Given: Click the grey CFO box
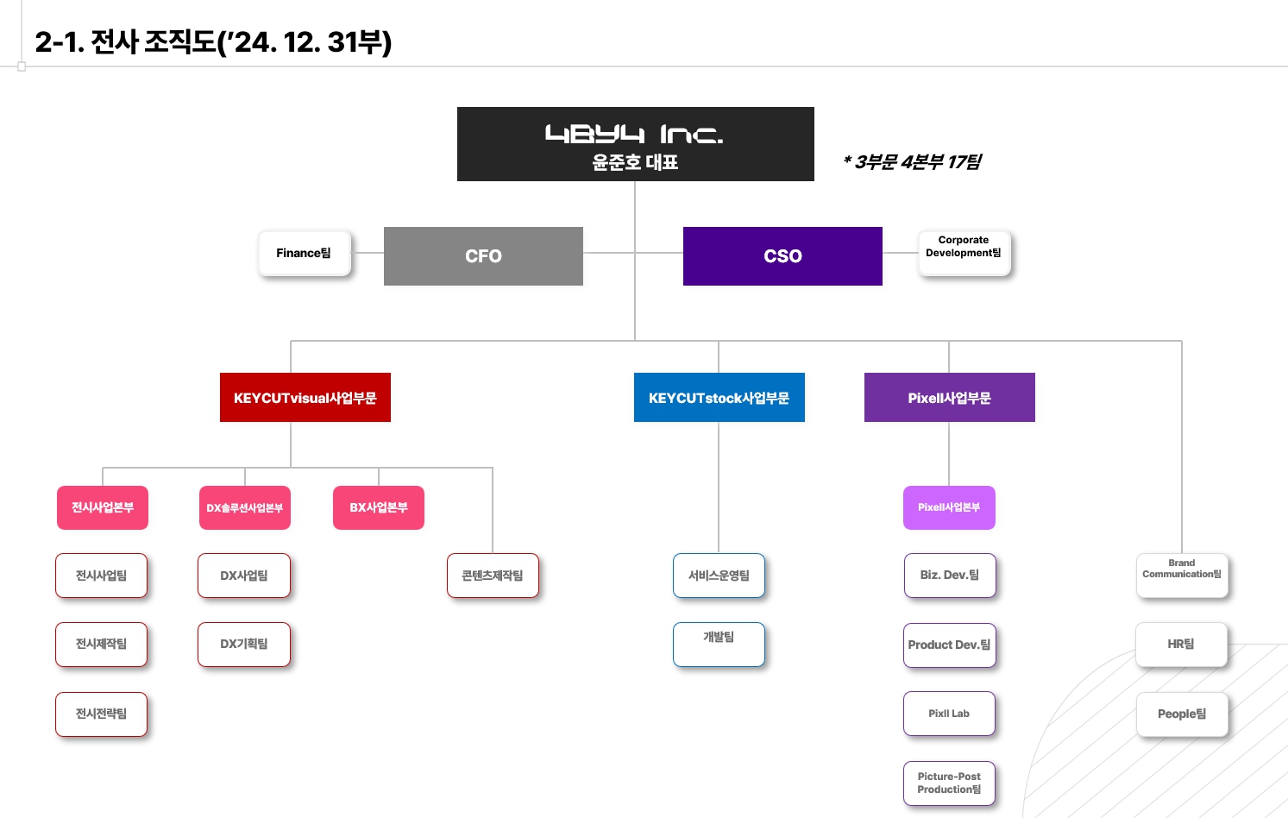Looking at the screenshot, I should tap(483, 256).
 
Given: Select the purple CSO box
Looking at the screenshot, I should tap(782, 256).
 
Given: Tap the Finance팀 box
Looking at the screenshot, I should tap(305, 254).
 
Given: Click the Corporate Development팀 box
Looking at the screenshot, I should tap(964, 253).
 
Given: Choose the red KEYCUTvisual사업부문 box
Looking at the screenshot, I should tap(305, 398).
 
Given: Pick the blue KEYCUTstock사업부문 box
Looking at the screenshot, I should tap(719, 398).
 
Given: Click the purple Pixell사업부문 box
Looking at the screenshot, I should tap(949, 398).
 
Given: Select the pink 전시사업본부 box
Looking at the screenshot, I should tap(103, 507).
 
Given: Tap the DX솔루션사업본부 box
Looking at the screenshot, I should tap(245, 507).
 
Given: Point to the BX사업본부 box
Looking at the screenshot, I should tap(379, 507).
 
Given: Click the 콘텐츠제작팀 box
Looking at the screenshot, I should tap(493, 576).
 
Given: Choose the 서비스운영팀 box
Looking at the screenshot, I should tap(719, 576).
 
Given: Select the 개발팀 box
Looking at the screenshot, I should tap(719, 644).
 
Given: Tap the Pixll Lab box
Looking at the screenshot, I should tap(949, 714).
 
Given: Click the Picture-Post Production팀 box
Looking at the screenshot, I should tap(949, 783).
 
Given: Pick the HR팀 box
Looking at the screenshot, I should tap(1181, 645).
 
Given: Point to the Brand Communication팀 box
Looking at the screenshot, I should tap(1181, 575).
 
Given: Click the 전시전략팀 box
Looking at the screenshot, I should tap(102, 714).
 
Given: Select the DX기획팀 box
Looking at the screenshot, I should tap(244, 645).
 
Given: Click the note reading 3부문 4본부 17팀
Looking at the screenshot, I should tap(913, 162).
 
